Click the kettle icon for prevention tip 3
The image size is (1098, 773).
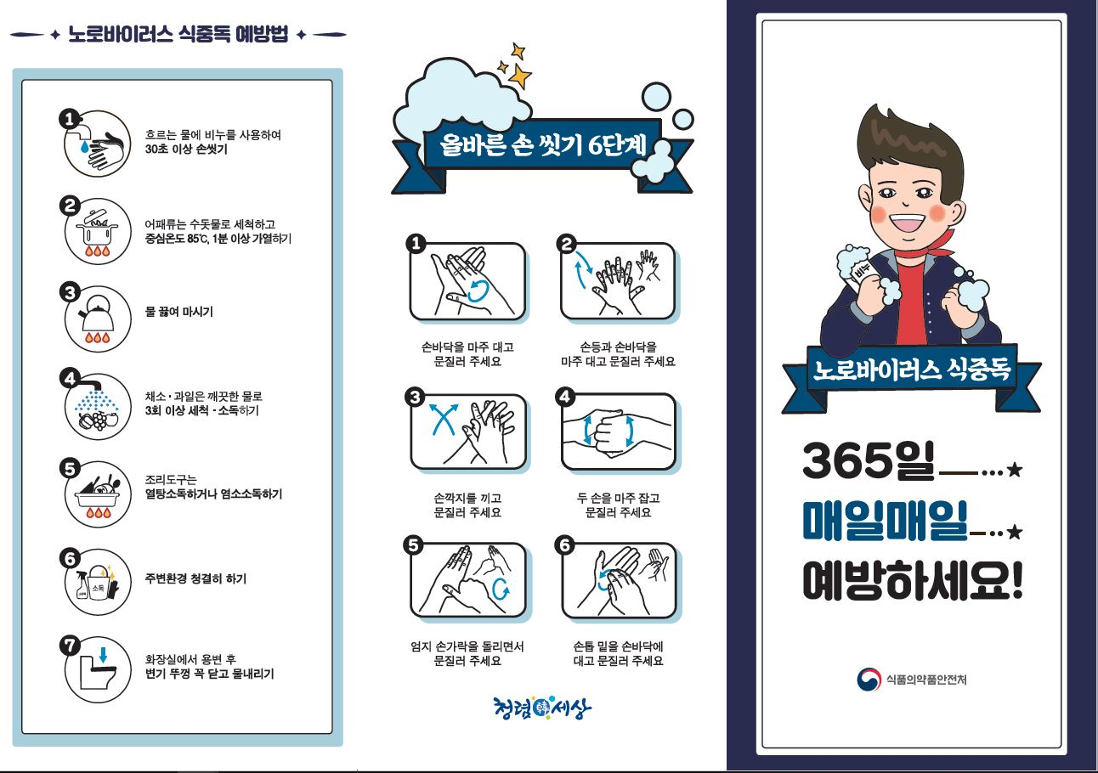click(x=98, y=319)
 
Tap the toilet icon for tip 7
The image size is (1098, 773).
click(x=98, y=669)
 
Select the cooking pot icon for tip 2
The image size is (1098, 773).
click(x=98, y=231)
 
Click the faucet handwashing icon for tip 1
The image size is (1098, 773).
click(x=98, y=144)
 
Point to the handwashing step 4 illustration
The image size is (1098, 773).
click(x=619, y=432)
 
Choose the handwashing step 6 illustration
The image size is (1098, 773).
click(x=619, y=581)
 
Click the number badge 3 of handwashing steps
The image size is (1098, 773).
click(x=416, y=397)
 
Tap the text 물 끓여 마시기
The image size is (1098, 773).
click(x=179, y=312)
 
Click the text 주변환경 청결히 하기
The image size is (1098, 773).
click(x=195, y=578)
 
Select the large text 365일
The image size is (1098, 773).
click(x=869, y=460)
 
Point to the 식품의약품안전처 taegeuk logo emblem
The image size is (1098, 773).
click(x=869, y=680)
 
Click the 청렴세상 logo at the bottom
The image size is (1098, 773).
click(x=542, y=708)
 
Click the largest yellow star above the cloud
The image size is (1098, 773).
click(x=519, y=76)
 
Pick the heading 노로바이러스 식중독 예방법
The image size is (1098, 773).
click(x=178, y=34)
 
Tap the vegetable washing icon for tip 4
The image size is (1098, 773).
click(x=98, y=406)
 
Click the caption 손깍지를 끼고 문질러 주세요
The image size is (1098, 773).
click(x=467, y=505)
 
